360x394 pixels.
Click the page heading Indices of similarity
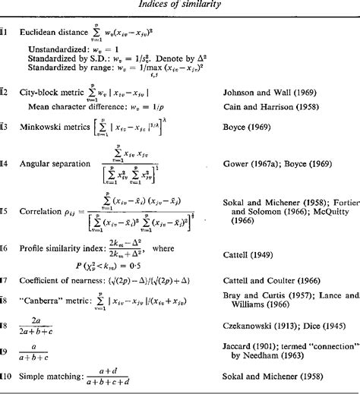(x=180, y=7)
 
